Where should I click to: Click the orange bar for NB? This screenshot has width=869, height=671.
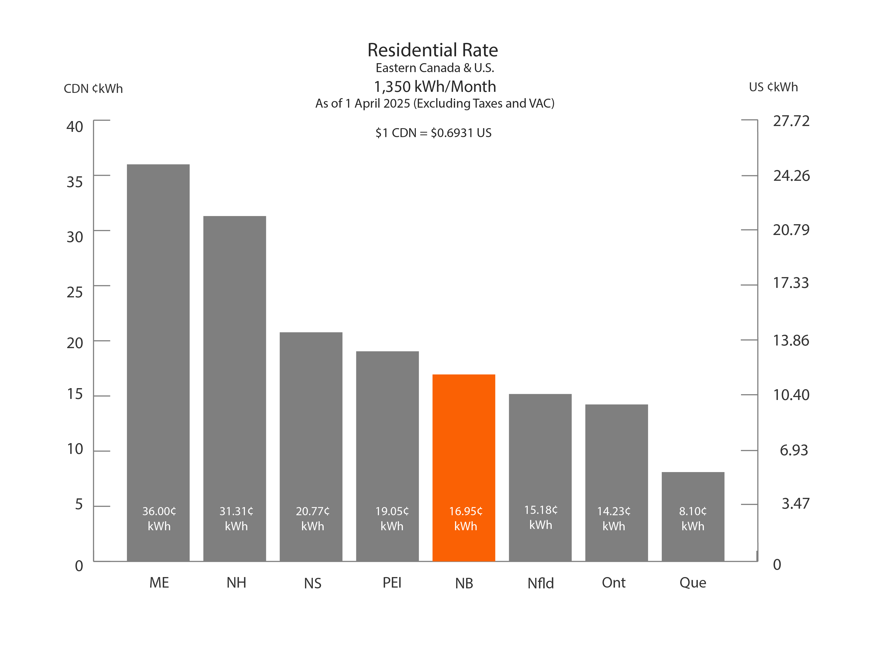click(x=463, y=437)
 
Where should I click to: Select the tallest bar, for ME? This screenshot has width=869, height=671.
click(x=158, y=318)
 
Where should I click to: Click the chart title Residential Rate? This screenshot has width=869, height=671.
click(x=432, y=50)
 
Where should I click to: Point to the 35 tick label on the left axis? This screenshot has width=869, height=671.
click(x=75, y=182)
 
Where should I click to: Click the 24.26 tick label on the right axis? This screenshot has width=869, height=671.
click(x=791, y=176)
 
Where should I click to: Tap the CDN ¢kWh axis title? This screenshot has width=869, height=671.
click(x=93, y=88)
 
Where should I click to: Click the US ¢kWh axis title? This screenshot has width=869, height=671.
click(x=773, y=87)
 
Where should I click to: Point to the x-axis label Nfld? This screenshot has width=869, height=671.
click(x=540, y=583)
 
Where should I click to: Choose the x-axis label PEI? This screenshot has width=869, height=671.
click(x=392, y=583)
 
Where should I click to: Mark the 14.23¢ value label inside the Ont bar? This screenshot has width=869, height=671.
click(x=614, y=511)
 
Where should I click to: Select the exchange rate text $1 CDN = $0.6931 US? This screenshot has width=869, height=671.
click(x=433, y=133)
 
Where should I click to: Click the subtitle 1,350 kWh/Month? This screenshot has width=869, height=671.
click(x=434, y=86)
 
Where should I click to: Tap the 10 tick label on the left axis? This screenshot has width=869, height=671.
click(x=75, y=449)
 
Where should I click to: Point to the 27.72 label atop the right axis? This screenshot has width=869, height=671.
click(x=791, y=121)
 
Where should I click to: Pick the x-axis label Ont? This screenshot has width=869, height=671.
click(x=614, y=583)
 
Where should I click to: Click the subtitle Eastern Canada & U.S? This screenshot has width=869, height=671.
click(x=434, y=68)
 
